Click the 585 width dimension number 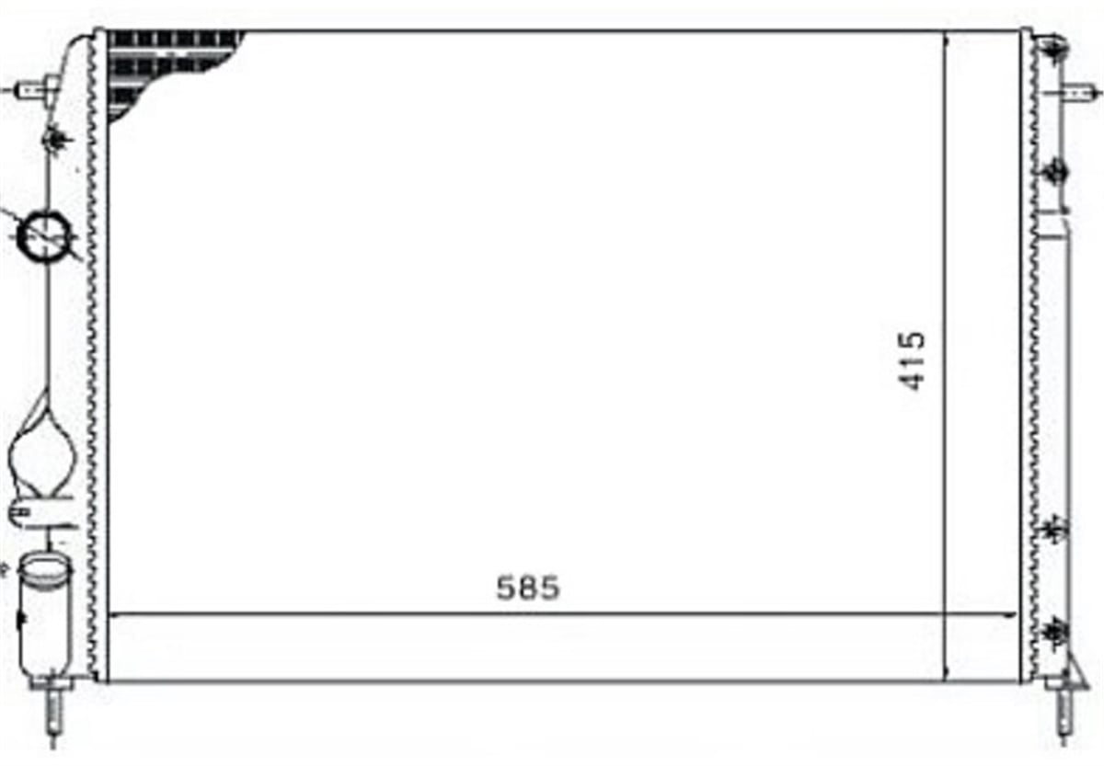[528, 588]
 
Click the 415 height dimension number [912, 361]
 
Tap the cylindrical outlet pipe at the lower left [44, 620]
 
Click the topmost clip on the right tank [1053, 50]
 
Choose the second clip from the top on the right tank [1054, 172]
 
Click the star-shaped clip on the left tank [57, 140]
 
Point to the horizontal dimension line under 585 [562, 615]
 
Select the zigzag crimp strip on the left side [92, 356]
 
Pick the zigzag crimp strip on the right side [1034, 356]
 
